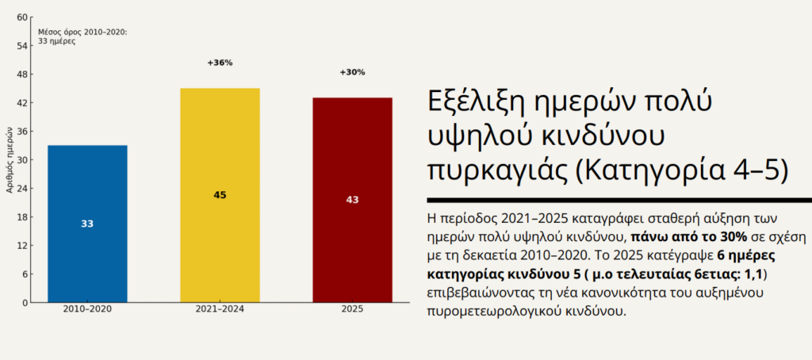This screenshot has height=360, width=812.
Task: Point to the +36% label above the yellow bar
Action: (x=220, y=63)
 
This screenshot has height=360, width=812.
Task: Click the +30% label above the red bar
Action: (x=352, y=72)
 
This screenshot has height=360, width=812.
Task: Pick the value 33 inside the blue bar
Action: (x=87, y=224)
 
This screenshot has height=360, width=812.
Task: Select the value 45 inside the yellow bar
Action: (x=220, y=195)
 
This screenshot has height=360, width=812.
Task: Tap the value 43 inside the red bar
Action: (x=352, y=200)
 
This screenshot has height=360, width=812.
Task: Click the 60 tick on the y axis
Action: (x=22, y=17)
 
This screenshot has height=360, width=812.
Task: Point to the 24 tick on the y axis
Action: (x=22, y=189)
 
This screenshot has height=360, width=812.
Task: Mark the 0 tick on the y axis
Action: (x=25, y=303)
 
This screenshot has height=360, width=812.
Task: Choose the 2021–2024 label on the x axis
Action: (x=220, y=309)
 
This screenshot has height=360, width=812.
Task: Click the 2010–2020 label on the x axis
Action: (x=87, y=309)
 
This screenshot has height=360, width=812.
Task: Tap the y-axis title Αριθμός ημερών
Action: (x=9, y=160)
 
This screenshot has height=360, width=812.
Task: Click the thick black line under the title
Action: (x=619, y=200)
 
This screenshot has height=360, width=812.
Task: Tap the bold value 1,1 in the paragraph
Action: (x=754, y=274)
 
